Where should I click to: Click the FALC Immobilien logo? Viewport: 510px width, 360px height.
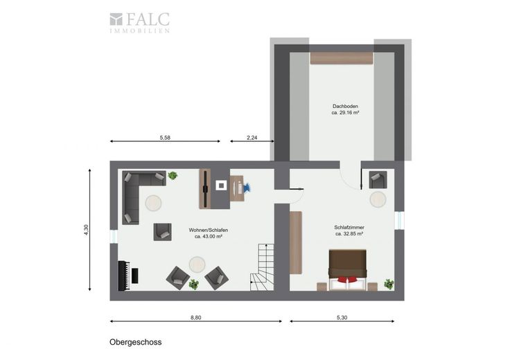(x=139, y=23)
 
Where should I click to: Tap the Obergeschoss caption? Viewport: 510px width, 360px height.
(x=136, y=342)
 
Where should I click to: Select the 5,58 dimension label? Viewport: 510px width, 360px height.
(x=165, y=138)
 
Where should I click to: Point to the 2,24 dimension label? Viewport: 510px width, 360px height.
(x=252, y=138)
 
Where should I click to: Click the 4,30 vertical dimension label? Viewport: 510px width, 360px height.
(x=86, y=230)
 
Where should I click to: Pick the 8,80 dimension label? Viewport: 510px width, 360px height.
(x=196, y=318)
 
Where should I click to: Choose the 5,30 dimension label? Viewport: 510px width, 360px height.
(x=342, y=318)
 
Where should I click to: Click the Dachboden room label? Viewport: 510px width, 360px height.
(x=345, y=106)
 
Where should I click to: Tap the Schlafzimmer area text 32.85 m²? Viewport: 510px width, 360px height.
(x=349, y=233)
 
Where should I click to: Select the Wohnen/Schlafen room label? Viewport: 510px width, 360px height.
(x=209, y=230)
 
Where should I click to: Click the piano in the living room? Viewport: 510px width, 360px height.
(x=127, y=276)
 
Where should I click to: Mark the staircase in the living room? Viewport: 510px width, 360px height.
(x=262, y=267)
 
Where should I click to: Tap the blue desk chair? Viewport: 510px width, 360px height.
(x=247, y=188)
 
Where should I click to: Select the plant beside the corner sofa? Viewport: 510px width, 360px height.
(x=173, y=176)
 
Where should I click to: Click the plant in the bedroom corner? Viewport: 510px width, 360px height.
(x=389, y=285)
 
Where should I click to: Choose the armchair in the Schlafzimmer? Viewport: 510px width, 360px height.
(x=378, y=180)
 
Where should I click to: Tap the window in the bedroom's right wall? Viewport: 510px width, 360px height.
(x=399, y=221)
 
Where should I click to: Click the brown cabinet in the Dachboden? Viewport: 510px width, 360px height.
(x=341, y=58)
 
